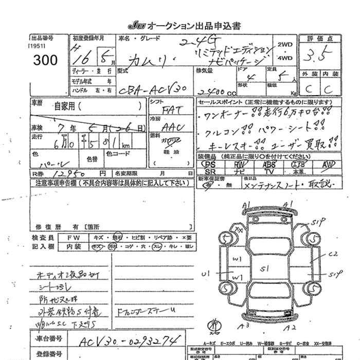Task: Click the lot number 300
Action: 46,60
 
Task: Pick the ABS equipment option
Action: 269,164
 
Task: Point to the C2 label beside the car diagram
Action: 332,253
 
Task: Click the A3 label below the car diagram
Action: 246,326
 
